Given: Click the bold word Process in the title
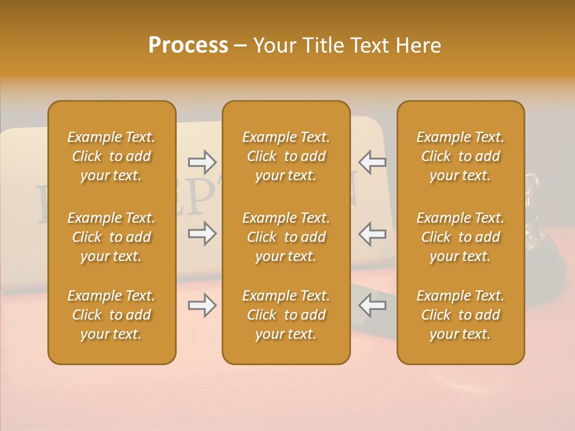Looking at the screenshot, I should click(188, 45).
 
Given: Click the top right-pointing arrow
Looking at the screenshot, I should click(202, 162).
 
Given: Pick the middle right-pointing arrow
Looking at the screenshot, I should click(202, 233).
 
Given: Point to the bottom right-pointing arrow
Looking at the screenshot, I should click(202, 306).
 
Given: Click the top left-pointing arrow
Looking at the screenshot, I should click(372, 162).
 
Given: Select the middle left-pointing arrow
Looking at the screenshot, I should click(372, 233).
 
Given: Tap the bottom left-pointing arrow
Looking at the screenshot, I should click(372, 306).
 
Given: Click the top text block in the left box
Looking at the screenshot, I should click(111, 156).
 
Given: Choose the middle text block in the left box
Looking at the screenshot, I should click(111, 237).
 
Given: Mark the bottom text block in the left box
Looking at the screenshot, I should click(111, 315).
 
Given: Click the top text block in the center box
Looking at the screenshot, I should click(286, 156).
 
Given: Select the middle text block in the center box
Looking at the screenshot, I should click(286, 237).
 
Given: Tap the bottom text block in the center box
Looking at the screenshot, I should click(286, 315).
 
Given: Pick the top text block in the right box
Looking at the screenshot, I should click(461, 156).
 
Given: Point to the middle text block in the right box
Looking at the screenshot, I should click(461, 237).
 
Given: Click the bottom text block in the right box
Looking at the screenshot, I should click(461, 315).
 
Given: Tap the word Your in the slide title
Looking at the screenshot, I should click(274, 45).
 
